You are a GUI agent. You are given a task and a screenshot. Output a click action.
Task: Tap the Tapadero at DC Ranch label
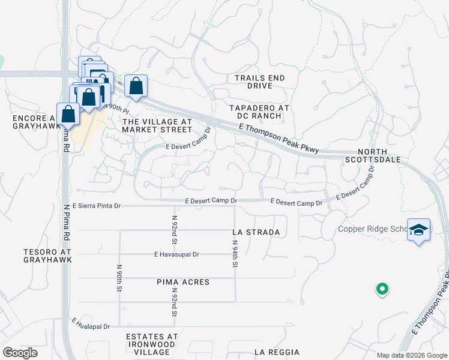click(x=259, y=112)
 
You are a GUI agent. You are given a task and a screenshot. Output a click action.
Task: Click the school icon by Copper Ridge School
click(x=418, y=230)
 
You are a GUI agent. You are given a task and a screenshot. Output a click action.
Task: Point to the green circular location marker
click(x=381, y=290)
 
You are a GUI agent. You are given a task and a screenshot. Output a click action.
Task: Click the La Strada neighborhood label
click(x=256, y=232)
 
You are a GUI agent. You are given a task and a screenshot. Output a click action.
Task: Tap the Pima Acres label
click(x=183, y=282)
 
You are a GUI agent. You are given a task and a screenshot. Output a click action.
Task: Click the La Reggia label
click(x=276, y=352)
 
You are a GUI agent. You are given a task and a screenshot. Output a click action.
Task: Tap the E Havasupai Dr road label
click(x=176, y=254)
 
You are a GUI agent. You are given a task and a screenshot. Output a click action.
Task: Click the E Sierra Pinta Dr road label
click(x=97, y=206)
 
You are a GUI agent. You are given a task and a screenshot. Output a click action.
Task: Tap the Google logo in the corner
click(x=20, y=353)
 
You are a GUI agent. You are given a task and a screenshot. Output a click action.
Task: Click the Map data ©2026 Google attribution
click(x=412, y=355)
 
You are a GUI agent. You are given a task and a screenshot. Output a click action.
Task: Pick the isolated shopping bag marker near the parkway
click(x=136, y=86)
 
